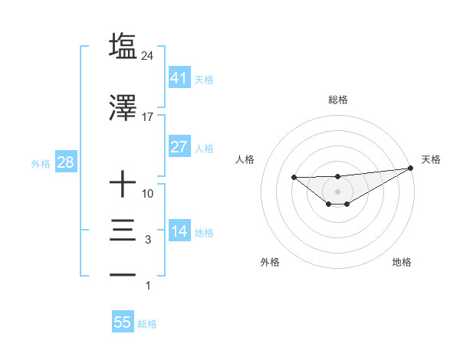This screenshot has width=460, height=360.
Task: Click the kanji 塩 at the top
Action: click(123, 45)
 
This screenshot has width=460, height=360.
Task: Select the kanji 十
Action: click(123, 185)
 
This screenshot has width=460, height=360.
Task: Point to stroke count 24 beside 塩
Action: click(148, 56)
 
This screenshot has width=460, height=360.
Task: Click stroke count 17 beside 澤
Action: click(148, 117)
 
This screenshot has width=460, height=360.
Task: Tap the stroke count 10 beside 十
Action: click(148, 194)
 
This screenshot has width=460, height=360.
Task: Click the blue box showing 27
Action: click(179, 147)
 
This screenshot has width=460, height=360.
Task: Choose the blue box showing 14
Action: click(179, 231)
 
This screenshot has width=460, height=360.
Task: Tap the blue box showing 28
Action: click(65, 162)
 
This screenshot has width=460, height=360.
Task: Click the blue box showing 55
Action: click(123, 322)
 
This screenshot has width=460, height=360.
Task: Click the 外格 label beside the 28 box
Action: click(40, 163)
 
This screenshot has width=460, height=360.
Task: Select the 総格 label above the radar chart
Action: click(337, 100)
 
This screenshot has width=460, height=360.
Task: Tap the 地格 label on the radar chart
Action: click(402, 263)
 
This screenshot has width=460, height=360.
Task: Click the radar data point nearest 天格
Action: click(411, 168)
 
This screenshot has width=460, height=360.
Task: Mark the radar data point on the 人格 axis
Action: click(294, 177)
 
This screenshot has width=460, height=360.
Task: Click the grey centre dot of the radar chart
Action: click(337, 191)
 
